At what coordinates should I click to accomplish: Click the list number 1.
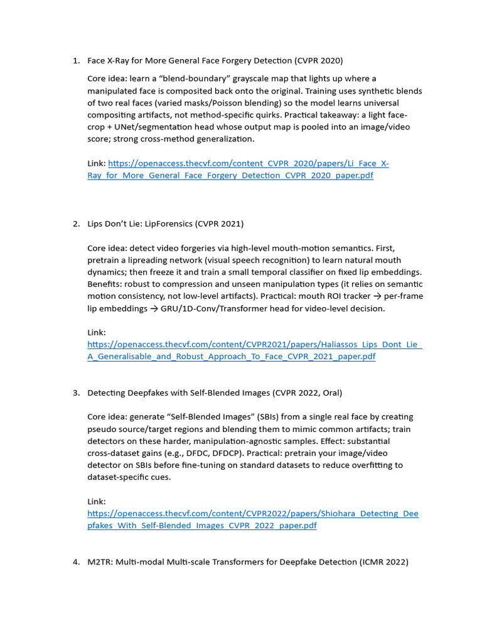coord(75,61)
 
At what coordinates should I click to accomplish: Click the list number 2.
coord(75,224)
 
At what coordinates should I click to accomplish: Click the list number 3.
coord(75,392)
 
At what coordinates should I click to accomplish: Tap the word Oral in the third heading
coord(329,392)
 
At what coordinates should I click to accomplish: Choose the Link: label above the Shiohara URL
coord(97,502)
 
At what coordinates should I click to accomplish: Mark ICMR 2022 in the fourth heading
coord(383,562)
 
